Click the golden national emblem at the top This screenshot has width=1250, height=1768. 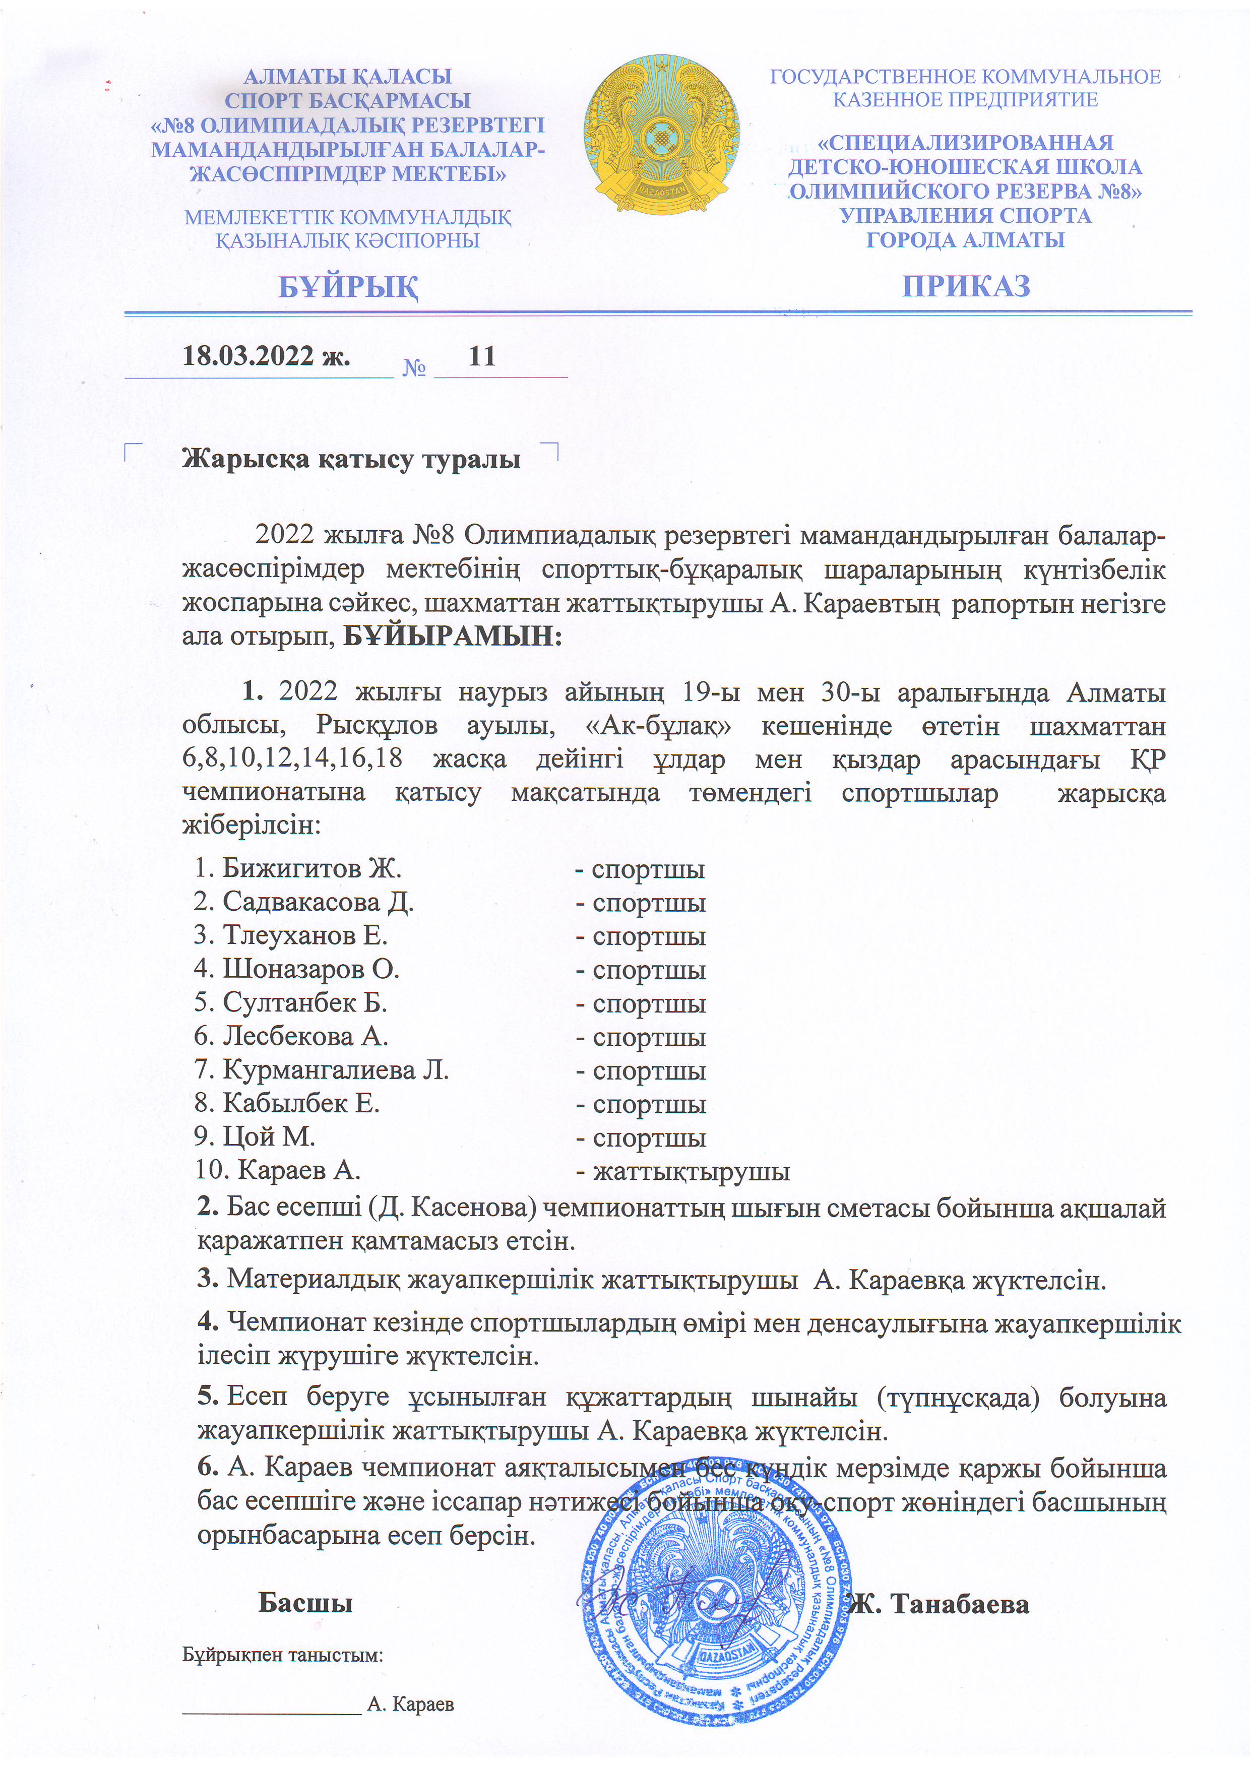click(x=661, y=133)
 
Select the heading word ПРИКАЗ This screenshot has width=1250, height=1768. click(x=966, y=286)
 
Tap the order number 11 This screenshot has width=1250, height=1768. click(x=482, y=356)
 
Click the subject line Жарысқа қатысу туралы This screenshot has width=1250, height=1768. click(x=351, y=459)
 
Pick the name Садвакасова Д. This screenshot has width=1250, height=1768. click(x=318, y=902)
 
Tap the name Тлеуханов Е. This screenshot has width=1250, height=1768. click(x=304, y=935)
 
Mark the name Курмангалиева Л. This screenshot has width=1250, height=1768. click(x=335, y=1069)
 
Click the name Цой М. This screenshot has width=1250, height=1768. click(x=269, y=1136)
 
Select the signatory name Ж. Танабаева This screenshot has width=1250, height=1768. click(x=940, y=1604)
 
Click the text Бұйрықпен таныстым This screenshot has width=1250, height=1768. click(x=283, y=1655)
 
